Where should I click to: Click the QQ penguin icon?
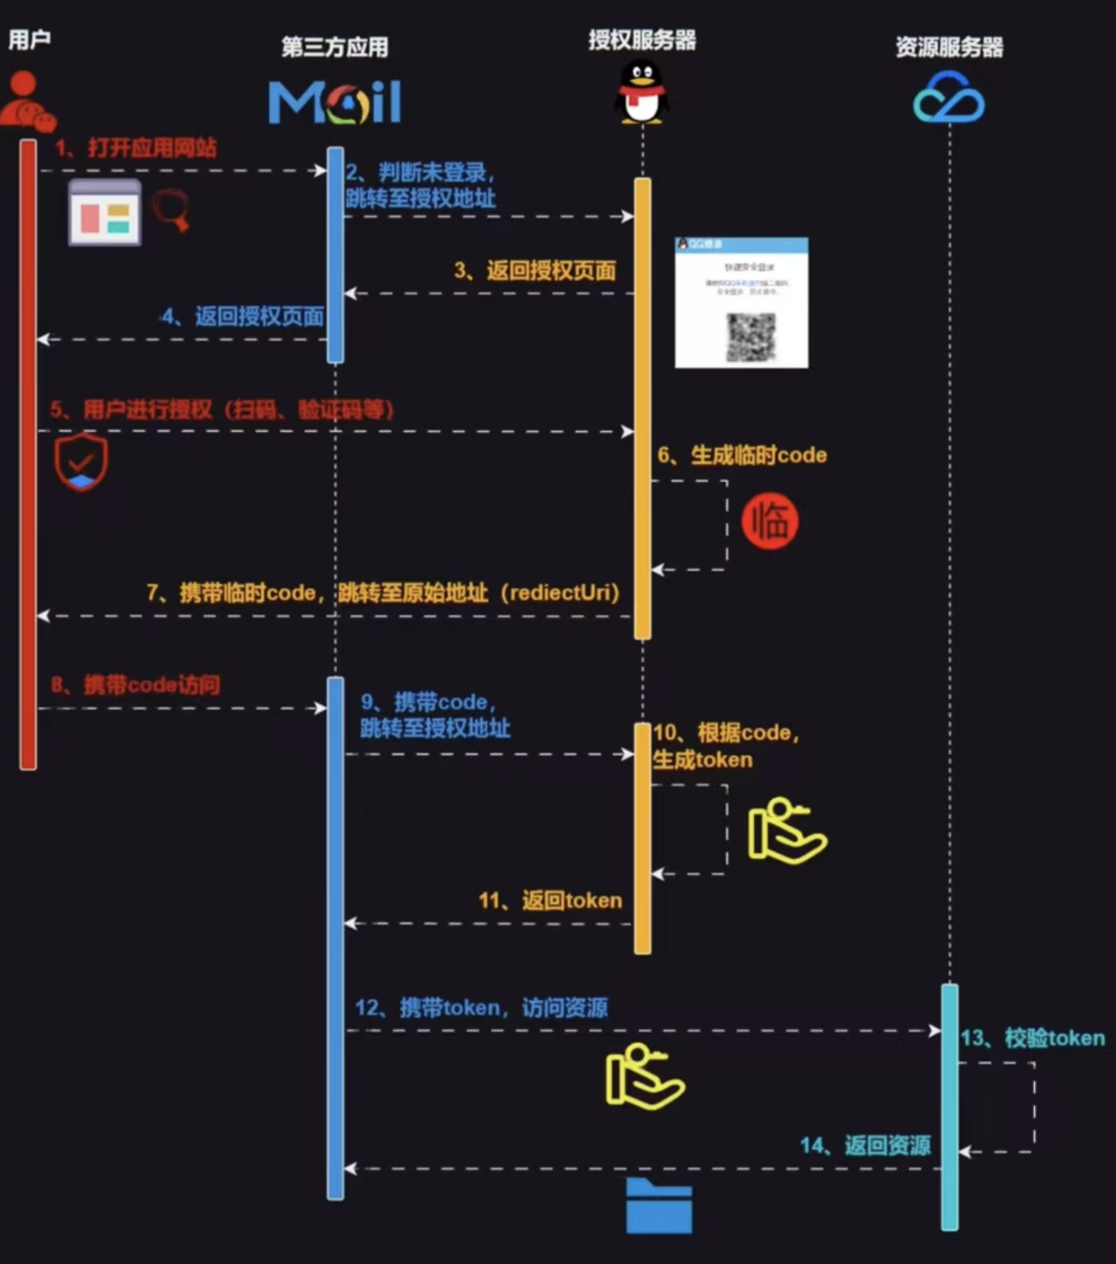coord(641,92)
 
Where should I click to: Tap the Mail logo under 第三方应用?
coord(335,102)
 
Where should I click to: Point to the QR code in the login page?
coord(750,337)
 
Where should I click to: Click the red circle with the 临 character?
coord(770,521)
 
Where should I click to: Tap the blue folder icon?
coord(658,1206)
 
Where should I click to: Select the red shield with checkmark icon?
coord(81,461)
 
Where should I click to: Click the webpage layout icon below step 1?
coord(104,212)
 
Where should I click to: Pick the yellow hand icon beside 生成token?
coord(785,831)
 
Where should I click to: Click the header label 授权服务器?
coord(642,40)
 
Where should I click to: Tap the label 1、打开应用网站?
coord(136,148)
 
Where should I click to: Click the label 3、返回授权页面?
coord(535,270)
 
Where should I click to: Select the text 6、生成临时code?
coord(741,455)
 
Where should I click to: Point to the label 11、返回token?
coord(550,900)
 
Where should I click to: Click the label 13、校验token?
coord(1032,1038)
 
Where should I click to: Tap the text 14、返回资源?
coord(865,1145)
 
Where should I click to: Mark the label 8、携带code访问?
coord(136,685)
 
